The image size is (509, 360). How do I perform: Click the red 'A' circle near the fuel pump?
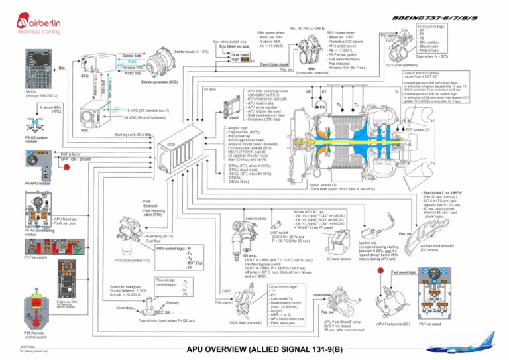point(380,270)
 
